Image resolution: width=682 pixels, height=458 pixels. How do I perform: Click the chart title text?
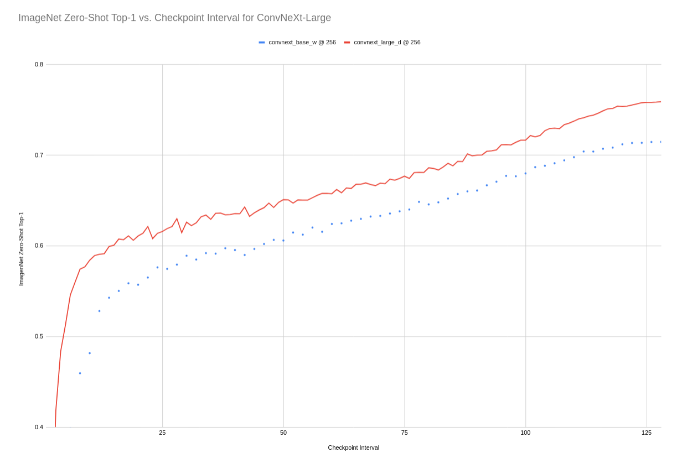point(174,18)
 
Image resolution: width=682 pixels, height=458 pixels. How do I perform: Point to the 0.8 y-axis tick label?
point(39,64)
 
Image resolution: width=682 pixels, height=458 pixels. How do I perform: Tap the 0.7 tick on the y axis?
point(39,155)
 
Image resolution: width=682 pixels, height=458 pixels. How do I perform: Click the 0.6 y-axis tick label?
point(39,246)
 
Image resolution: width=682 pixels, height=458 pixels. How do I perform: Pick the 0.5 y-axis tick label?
point(39,336)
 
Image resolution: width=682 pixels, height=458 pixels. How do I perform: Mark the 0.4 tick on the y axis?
point(39,427)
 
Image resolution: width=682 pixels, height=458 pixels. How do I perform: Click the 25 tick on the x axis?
point(162,433)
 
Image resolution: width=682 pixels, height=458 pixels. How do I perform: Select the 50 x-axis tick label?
point(283,433)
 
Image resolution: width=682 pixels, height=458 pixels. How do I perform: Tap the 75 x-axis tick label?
point(405,433)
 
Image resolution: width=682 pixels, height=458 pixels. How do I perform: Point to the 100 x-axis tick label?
point(525,433)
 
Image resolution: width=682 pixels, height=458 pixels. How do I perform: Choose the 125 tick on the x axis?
point(647,433)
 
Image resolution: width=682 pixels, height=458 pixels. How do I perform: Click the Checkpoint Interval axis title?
point(353,447)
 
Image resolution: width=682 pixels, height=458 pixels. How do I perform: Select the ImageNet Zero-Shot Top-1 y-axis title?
point(21,249)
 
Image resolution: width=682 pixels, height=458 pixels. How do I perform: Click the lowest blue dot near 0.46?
point(80,373)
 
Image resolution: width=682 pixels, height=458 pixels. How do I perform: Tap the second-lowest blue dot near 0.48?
point(90,353)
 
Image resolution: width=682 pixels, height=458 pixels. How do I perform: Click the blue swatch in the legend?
point(262,42)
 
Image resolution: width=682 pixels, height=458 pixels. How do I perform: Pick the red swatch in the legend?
point(347,42)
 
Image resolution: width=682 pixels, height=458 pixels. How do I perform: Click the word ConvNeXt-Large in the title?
point(294,18)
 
